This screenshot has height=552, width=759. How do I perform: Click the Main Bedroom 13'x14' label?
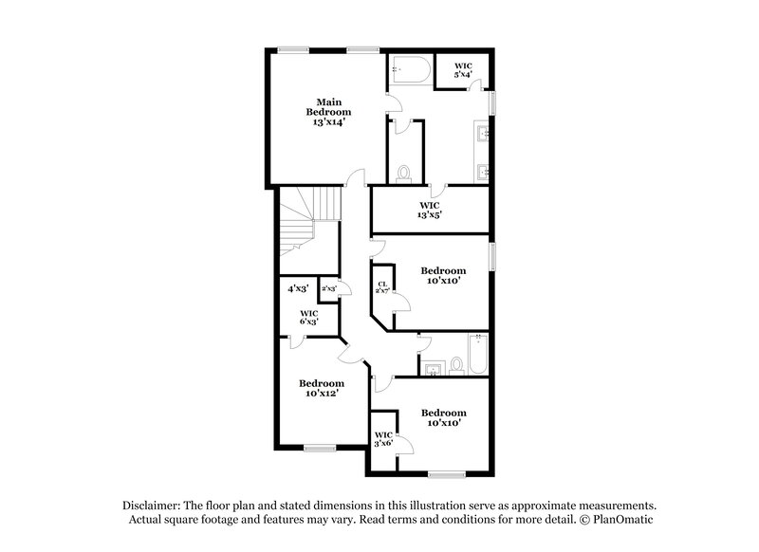pyautogui.click(x=328, y=113)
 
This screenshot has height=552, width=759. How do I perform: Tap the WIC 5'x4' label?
pyautogui.click(x=462, y=69)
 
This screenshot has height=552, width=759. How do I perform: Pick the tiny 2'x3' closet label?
pyautogui.click(x=329, y=288)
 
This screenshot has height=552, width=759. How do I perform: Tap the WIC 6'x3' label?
pyautogui.click(x=308, y=317)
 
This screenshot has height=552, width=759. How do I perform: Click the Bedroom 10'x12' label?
pyautogui.click(x=322, y=388)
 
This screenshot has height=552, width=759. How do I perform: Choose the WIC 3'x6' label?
pyautogui.click(x=383, y=440)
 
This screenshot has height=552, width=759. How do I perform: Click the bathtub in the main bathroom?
pyautogui.click(x=410, y=72)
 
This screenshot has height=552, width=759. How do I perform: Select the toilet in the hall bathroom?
pyautogui.click(x=454, y=363)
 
